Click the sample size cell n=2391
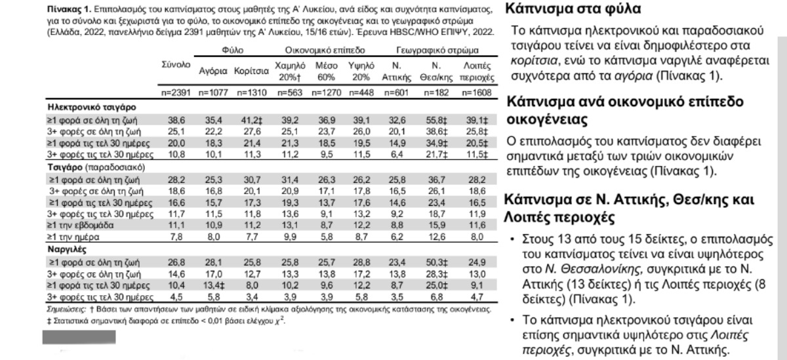click(175, 93)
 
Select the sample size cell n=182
click(434, 93)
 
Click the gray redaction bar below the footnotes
click(79, 337)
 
